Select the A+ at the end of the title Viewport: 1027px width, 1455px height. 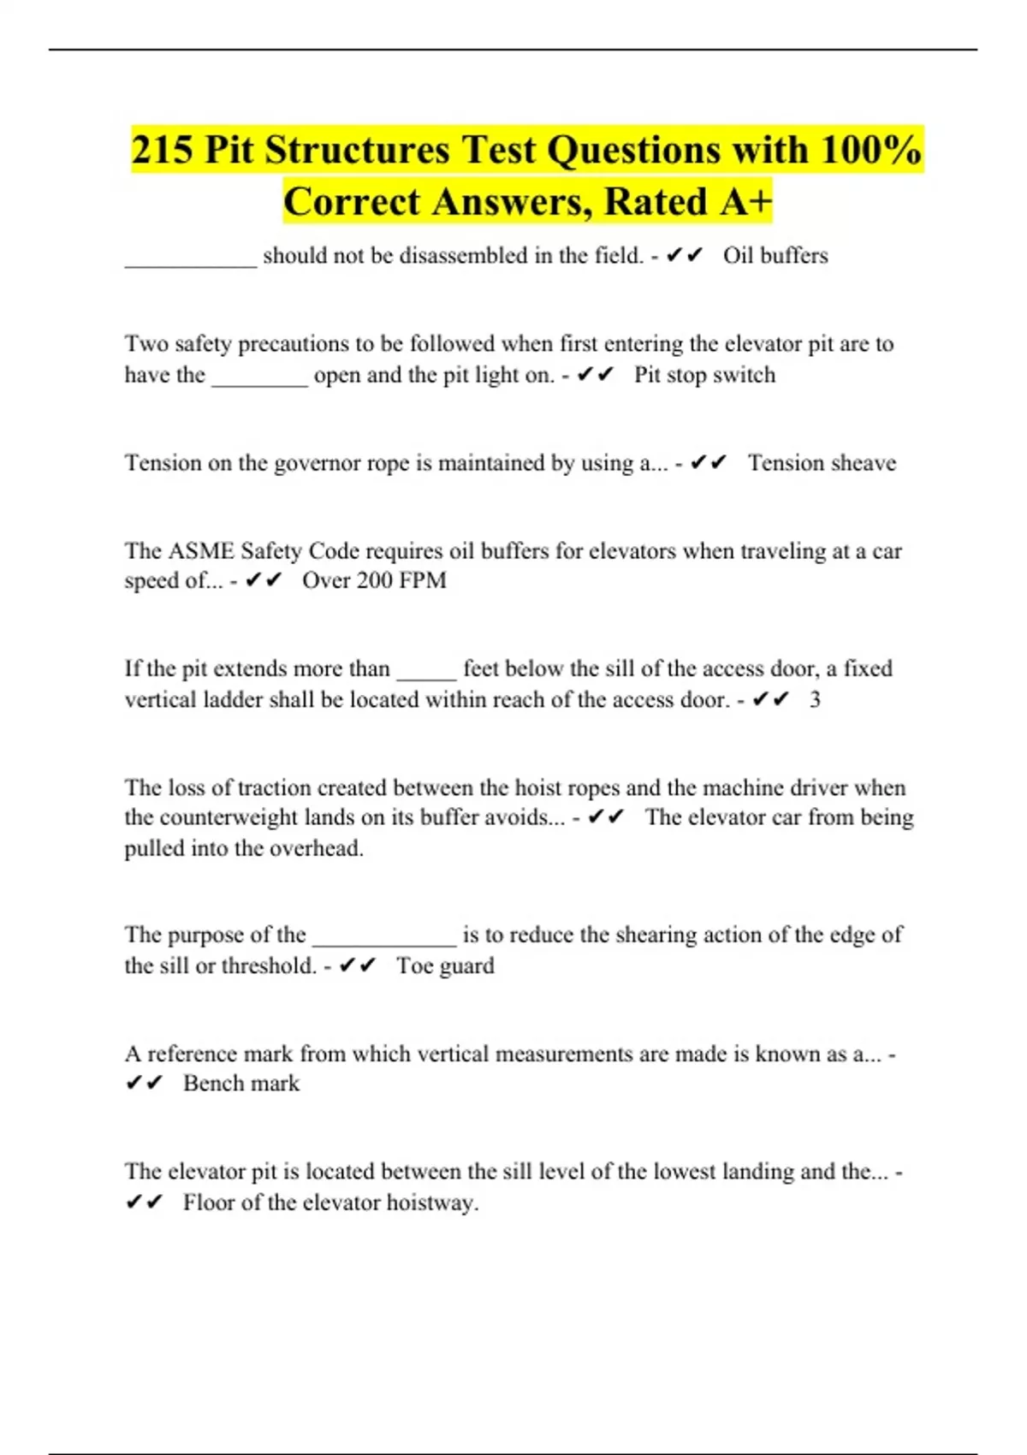tap(745, 202)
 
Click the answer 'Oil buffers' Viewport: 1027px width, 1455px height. tap(775, 256)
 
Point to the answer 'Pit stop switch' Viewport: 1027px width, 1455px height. tap(704, 375)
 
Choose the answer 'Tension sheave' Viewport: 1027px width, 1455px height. tap(822, 463)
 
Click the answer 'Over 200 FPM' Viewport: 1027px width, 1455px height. tap(374, 580)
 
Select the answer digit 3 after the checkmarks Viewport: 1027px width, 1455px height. tap(815, 700)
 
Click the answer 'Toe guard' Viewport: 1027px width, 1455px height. tap(445, 966)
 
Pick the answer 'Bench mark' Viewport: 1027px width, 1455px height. tap(241, 1084)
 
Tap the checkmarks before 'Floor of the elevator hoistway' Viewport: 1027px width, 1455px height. tap(144, 1203)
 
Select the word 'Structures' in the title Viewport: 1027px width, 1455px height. tap(357, 151)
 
